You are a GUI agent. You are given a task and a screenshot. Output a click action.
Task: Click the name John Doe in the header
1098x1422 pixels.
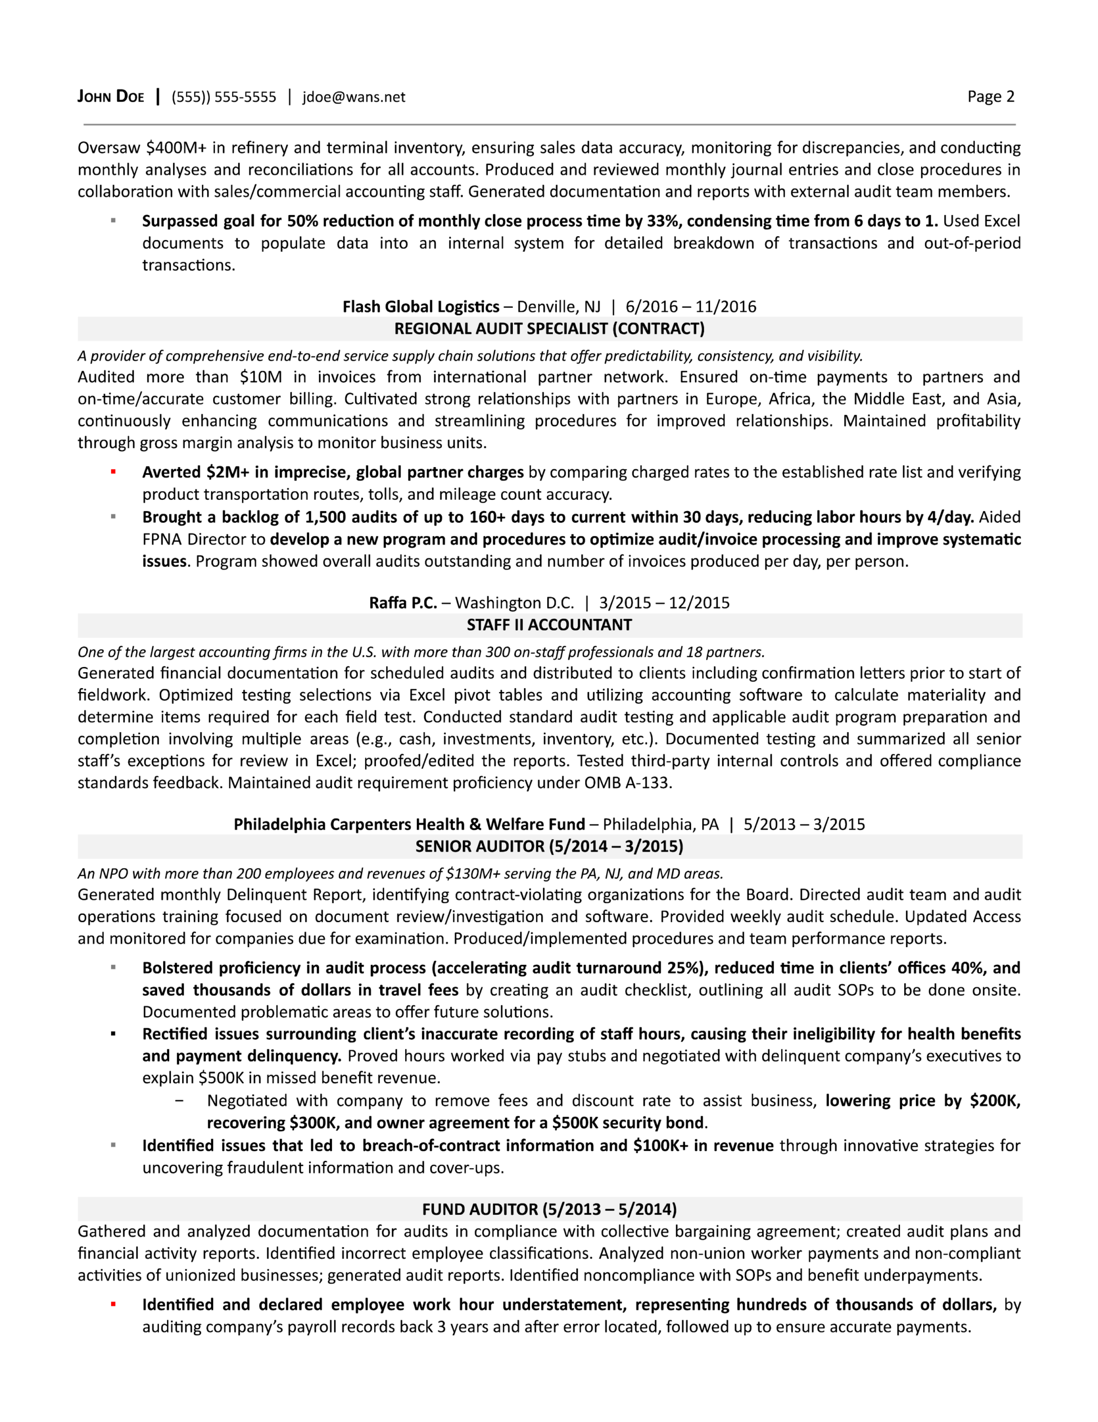(x=110, y=97)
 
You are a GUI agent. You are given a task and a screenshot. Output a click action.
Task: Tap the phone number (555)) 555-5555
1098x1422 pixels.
(x=223, y=97)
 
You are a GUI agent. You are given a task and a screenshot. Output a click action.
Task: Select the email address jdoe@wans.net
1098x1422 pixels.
(x=354, y=97)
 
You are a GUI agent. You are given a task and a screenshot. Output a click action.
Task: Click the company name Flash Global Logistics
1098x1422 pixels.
(x=420, y=307)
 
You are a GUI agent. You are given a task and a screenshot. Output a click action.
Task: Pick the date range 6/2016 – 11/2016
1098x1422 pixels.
(x=691, y=307)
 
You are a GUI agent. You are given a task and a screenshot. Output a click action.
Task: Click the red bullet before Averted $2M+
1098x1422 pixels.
(x=113, y=472)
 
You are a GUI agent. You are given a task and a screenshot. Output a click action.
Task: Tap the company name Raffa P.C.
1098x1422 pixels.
(x=403, y=603)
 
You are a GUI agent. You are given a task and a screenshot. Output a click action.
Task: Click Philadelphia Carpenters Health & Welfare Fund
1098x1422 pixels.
(x=409, y=824)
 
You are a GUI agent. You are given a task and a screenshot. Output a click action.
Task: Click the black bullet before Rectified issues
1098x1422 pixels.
(x=113, y=1034)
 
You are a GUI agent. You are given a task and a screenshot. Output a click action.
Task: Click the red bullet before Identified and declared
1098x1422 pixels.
(x=113, y=1304)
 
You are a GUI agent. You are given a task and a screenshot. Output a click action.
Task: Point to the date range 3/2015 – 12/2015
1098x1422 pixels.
(x=664, y=603)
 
